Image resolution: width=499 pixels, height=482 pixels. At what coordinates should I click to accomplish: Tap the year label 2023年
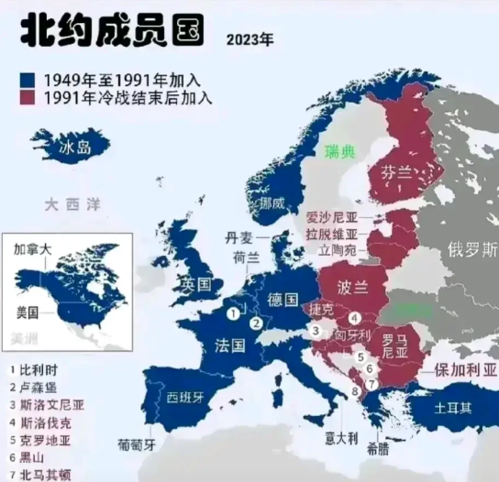[x=249, y=40]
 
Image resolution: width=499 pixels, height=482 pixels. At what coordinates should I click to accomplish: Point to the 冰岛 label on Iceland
[x=74, y=148]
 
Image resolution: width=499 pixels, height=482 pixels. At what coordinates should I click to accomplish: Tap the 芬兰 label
[x=397, y=171]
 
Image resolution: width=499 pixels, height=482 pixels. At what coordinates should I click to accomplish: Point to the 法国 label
[x=231, y=346]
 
